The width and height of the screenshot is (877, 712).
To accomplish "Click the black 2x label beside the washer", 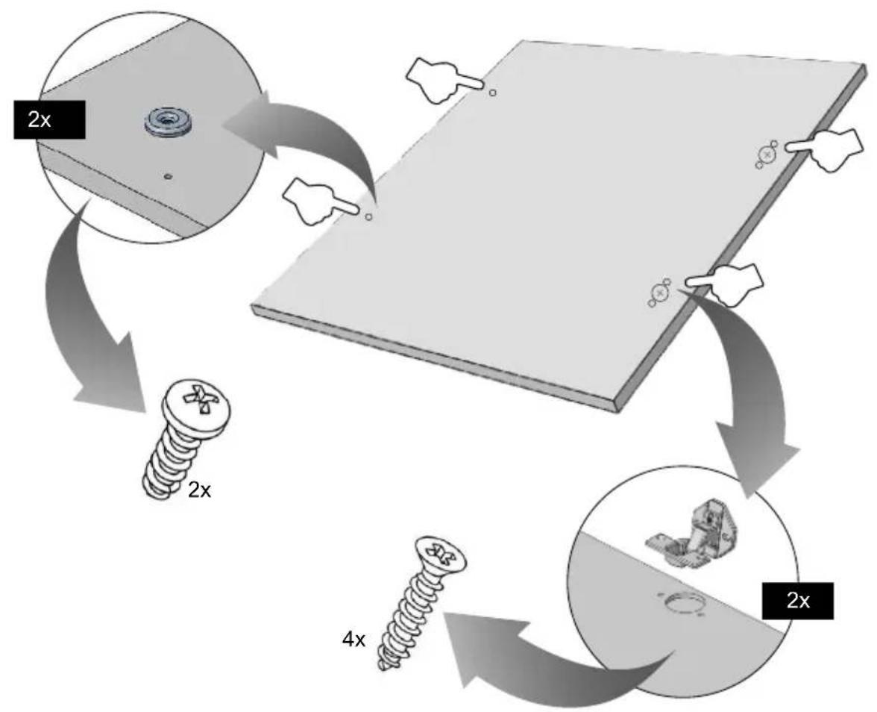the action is (x=49, y=119).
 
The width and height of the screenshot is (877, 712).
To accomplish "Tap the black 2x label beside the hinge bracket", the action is (x=798, y=601).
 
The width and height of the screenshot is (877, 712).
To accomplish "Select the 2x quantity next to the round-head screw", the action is (x=200, y=490).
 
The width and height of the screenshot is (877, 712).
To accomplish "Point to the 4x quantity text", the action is (x=353, y=639).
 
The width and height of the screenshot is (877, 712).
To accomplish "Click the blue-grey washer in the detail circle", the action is (x=167, y=121).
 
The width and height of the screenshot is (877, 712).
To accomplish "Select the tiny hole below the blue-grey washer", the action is (x=169, y=176).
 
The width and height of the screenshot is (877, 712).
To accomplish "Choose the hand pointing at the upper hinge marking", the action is (x=825, y=149).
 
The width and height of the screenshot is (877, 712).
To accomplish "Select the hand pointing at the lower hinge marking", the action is (x=725, y=284).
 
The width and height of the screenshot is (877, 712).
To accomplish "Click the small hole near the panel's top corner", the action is (x=492, y=93).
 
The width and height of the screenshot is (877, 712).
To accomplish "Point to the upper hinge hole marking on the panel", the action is (x=767, y=154).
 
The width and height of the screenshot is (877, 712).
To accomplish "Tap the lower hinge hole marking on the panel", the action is (x=660, y=293).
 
